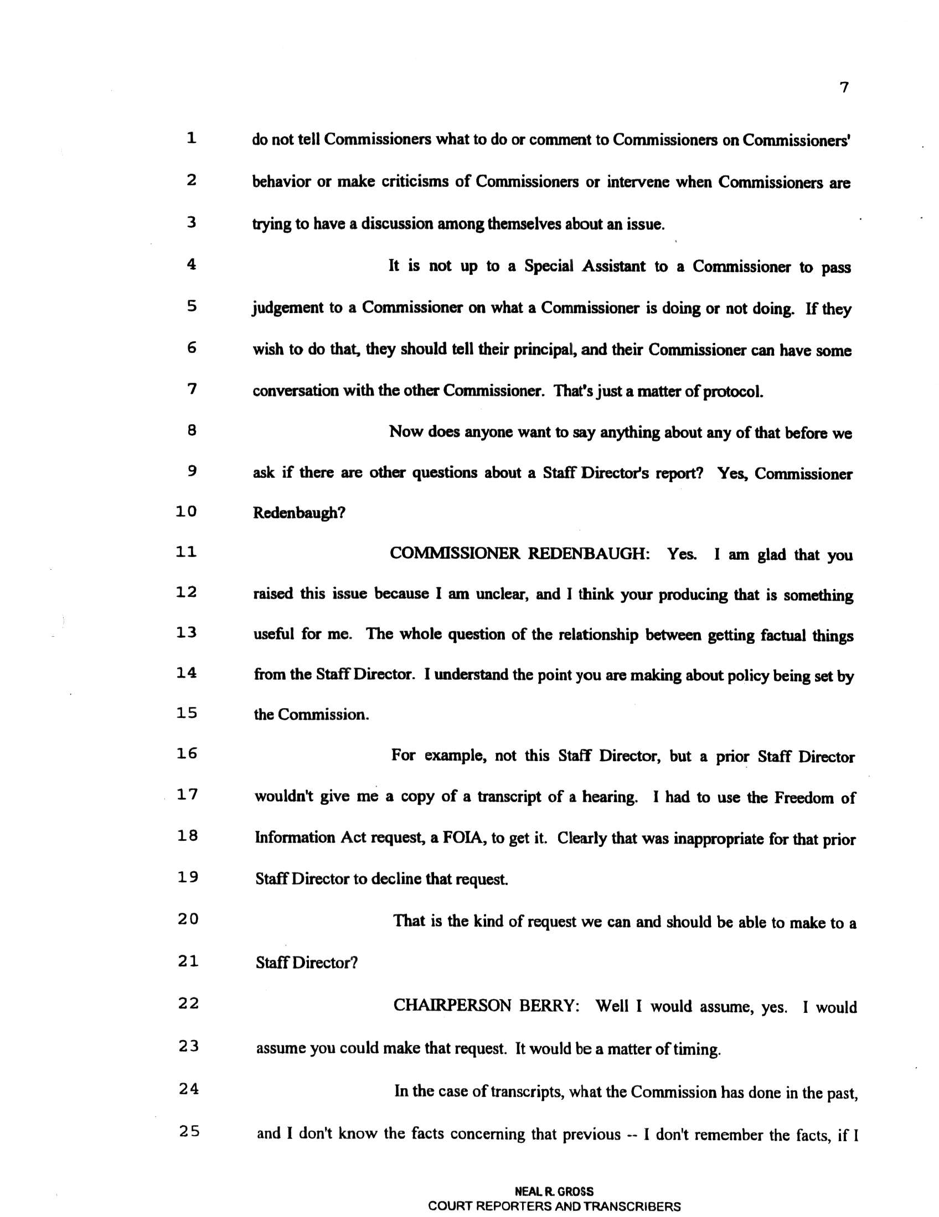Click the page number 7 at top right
tap(844, 88)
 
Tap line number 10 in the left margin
tap(186, 512)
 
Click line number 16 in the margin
tap(187, 754)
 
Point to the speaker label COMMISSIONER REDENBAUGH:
tap(519, 554)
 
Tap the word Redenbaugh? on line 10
tap(299, 513)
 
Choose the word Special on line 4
tap(548, 267)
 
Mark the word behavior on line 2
tap(281, 182)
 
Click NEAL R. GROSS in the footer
tap(554, 1192)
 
